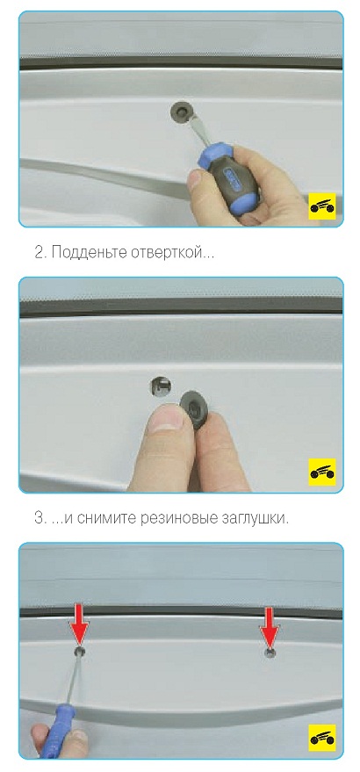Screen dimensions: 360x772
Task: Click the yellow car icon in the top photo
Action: point(322,206)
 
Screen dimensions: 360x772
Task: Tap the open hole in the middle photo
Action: point(160,386)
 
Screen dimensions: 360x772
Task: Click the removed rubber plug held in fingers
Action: point(195,409)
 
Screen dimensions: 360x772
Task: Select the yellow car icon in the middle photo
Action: point(322,471)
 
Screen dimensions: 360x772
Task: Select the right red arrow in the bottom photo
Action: point(269,625)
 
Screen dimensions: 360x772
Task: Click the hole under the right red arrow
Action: point(269,653)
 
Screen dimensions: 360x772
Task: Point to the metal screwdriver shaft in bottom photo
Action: point(74,680)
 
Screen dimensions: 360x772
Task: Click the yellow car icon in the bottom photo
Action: point(322,737)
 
